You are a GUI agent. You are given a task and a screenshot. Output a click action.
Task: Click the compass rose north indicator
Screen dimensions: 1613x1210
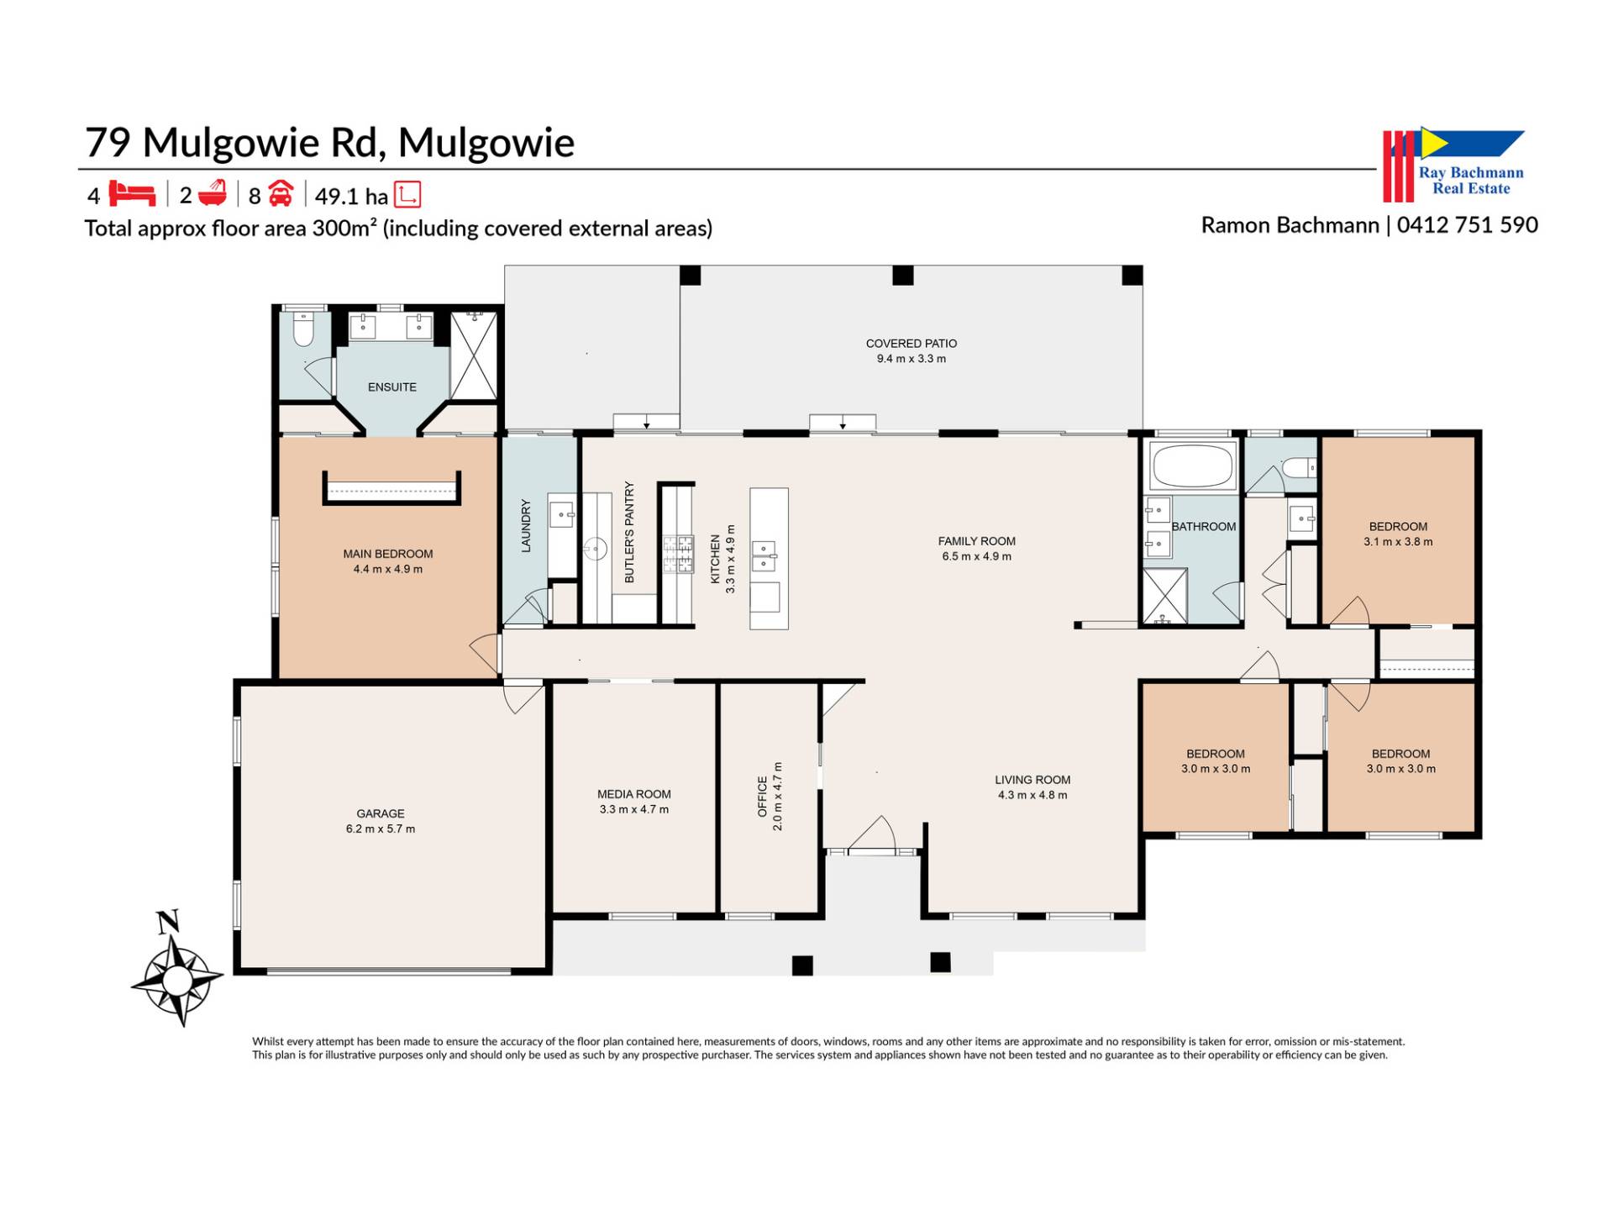[x=177, y=970]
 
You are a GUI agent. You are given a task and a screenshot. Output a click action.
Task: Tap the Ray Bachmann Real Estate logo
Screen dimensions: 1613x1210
[x=1454, y=165]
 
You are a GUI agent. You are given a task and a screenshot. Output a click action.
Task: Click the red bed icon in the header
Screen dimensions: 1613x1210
[x=132, y=194]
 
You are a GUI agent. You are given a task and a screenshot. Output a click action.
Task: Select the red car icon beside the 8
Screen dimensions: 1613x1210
[x=281, y=194]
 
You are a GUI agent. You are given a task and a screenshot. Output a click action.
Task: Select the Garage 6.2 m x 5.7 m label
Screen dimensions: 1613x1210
[x=381, y=821]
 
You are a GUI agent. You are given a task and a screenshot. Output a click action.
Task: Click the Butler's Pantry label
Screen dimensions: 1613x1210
[x=629, y=532]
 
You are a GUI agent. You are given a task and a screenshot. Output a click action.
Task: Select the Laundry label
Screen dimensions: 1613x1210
[x=527, y=526]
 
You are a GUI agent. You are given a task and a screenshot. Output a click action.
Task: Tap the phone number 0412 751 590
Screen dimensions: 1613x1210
[x=1468, y=225]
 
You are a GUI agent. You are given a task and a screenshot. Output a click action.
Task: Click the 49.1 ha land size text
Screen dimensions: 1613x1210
[x=351, y=197]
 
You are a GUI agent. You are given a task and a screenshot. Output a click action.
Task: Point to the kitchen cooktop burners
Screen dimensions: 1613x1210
[x=679, y=555]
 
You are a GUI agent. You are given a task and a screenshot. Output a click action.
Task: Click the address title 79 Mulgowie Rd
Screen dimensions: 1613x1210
[x=236, y=142]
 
